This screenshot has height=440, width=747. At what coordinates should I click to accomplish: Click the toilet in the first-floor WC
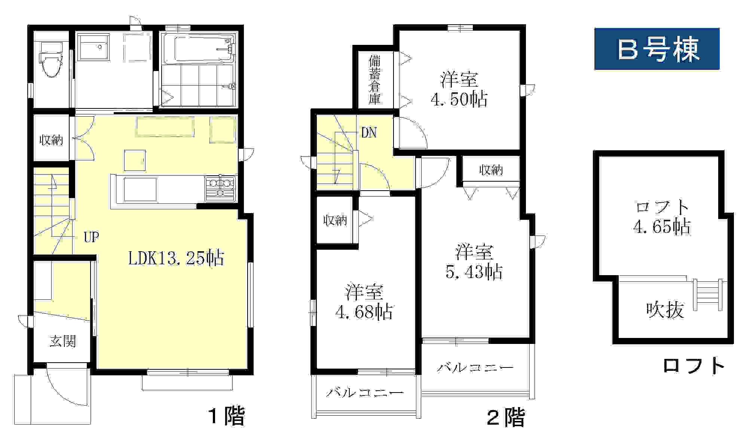click(x=51, y=60)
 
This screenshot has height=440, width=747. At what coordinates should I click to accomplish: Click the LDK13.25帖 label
click(x=176, y=258)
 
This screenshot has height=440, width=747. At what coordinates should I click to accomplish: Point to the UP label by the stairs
click(x=91, y=237)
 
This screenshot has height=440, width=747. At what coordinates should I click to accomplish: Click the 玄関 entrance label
click(x=63, y=341)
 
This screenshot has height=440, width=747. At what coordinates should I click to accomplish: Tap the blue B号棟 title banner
click(x=657, y=49)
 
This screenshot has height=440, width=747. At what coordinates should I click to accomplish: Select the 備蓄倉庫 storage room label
click(x=375, y=80)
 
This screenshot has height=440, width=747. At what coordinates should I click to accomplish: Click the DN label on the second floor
click(x=369, y=133)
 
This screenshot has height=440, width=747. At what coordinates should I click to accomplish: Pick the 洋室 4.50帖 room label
click(x=459, y=89)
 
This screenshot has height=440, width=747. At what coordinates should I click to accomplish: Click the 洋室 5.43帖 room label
click(x=474, y=262)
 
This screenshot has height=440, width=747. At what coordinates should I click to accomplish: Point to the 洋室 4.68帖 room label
click(x=364, y=302)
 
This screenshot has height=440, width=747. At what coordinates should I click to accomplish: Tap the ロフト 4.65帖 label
click(x=662, y=217)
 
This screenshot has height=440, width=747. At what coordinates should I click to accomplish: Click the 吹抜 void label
click(x=665, y=310)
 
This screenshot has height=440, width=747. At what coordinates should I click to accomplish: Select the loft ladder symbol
click(x=708, y=295)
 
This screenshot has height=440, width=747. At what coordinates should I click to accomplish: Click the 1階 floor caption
click(x=227, y=416)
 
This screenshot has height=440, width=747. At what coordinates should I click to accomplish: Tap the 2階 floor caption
click(x=506, y=417)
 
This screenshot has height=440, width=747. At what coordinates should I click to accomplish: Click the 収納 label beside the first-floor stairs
click(x=51, y=140)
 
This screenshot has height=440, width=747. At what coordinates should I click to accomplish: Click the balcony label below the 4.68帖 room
click(x=365, y=393)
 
